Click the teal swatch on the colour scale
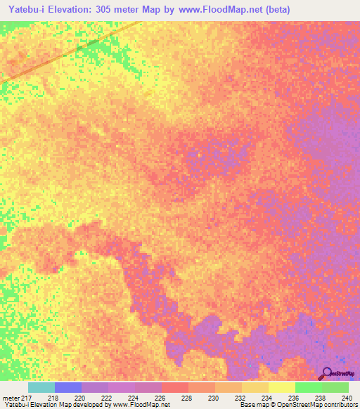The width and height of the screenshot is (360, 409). (41, 387)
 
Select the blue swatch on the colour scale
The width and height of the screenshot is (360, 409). (68, 387)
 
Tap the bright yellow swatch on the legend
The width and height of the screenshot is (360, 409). (282, 387)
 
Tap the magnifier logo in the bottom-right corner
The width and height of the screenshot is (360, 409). (326, 372)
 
